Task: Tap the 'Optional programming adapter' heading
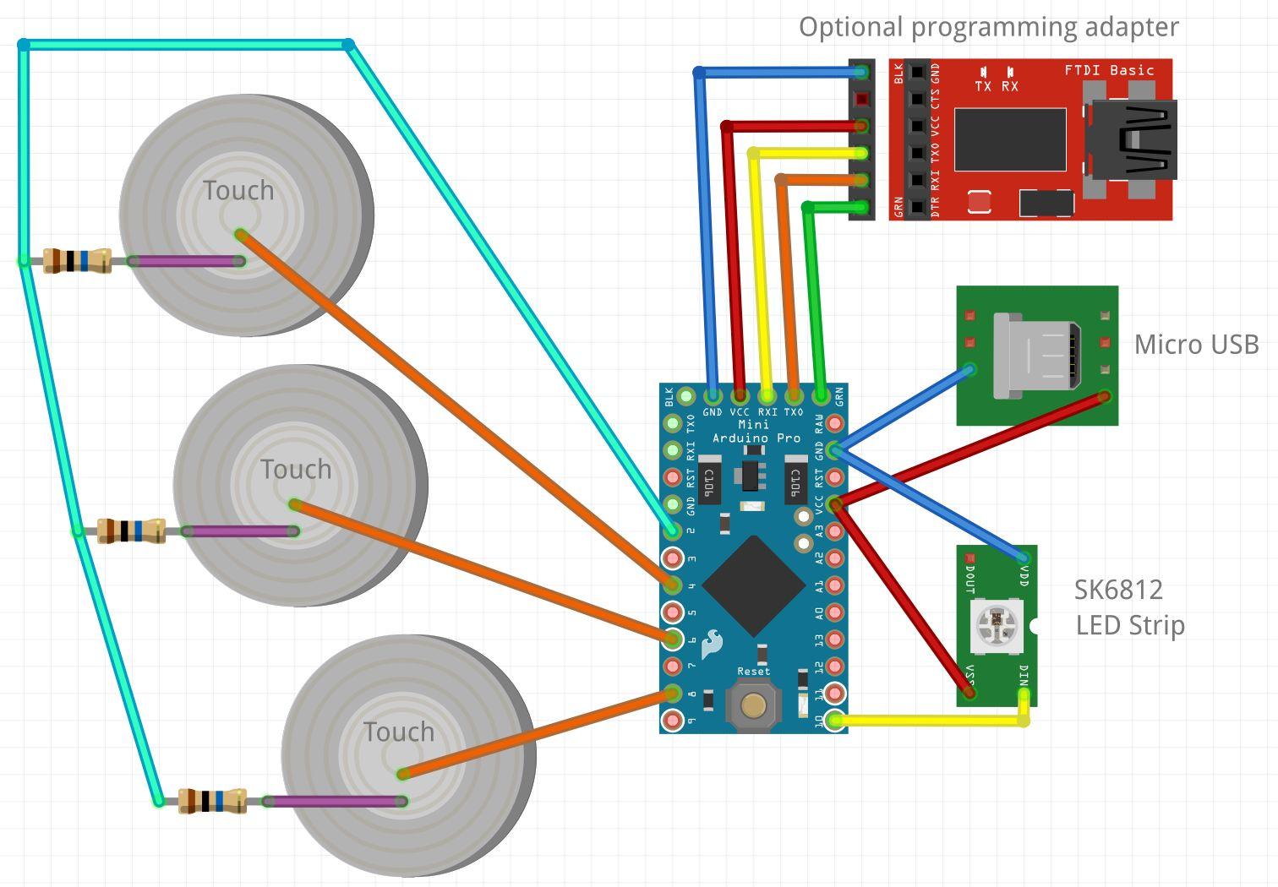[x=988, y=27]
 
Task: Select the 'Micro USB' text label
[x=1196, y=345]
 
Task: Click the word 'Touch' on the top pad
[x=238, y=191]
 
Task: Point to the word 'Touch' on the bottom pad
[x=399, y=732]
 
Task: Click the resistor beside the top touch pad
[x=77, y=260]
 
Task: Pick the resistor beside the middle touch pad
[x=131, y=531]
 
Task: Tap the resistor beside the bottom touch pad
[x=212, y=800]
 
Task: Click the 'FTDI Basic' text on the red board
[x=1109, y=71]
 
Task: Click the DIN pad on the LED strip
[x=1024, y=694]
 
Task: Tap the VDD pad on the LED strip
[x=1024, y=558]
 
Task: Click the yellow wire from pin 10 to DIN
[x=930, y=721]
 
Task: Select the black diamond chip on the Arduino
[x=753, y=585]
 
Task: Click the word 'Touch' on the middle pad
[x=296, y=470]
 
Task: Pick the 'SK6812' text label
[x=1118, y=590]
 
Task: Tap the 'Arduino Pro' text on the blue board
[x=756, y=438]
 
